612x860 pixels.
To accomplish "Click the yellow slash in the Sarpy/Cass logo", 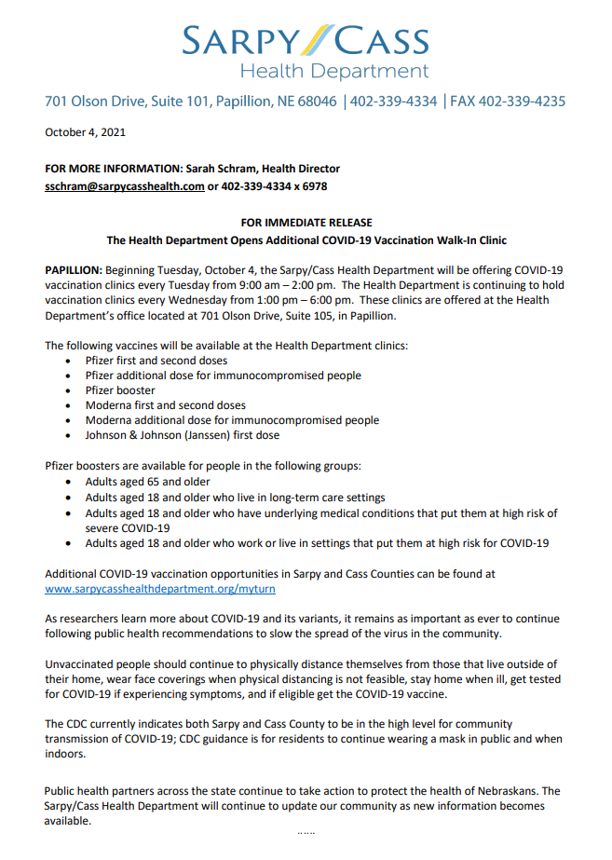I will [x=315, y=39].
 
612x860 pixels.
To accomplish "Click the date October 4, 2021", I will [x=85, y=132].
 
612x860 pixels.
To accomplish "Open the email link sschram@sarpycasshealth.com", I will [x=125, y=186].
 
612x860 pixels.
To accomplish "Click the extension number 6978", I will [x=311, y=186].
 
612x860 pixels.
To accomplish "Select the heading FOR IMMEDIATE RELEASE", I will [x=306, y=223].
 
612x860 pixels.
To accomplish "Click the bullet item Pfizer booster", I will [x=120, y=390].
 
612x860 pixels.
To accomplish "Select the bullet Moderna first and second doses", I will [x=166, y=405].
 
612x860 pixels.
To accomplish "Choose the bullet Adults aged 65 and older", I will [x=147, y=483].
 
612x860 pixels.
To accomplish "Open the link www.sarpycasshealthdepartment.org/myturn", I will [x=160, y=589].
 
